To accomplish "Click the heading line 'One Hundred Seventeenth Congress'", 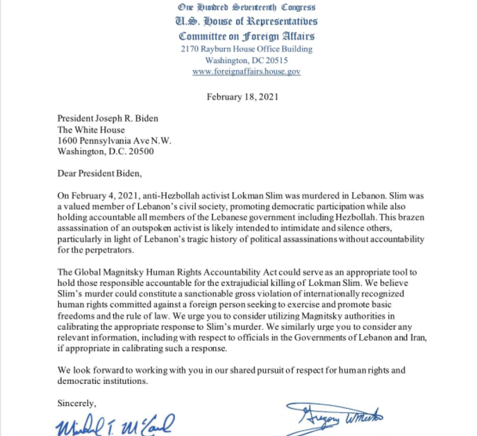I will click(246, 8).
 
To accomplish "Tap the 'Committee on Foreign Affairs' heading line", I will click(246, 36).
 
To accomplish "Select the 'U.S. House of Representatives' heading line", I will click(246, 22).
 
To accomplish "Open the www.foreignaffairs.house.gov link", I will click(246, 72).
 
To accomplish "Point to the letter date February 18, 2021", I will click(242, 97).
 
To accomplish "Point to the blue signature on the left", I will click(115, 424).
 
